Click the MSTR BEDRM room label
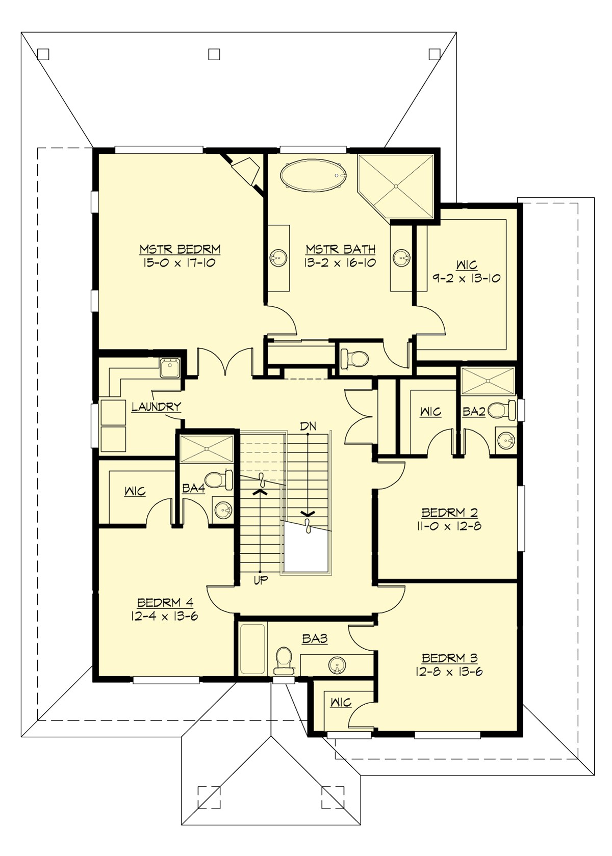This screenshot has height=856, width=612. pos(180,249)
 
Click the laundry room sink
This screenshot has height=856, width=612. pos(168,367)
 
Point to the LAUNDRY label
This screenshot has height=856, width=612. pos(156,407)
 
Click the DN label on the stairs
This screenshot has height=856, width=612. pos(308,426)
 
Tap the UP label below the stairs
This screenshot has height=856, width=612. pos(261,580)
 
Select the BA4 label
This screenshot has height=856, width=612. pos(193,489)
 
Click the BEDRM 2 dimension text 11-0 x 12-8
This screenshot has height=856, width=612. pos(449,526)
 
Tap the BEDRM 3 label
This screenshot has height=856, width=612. pos(449,658)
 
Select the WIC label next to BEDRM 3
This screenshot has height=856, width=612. pos(341,703)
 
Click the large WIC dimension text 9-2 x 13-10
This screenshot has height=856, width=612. pos(467,278)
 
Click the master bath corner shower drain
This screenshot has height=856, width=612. pos(395,187)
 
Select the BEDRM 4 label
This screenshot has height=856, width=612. pos(165,603)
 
